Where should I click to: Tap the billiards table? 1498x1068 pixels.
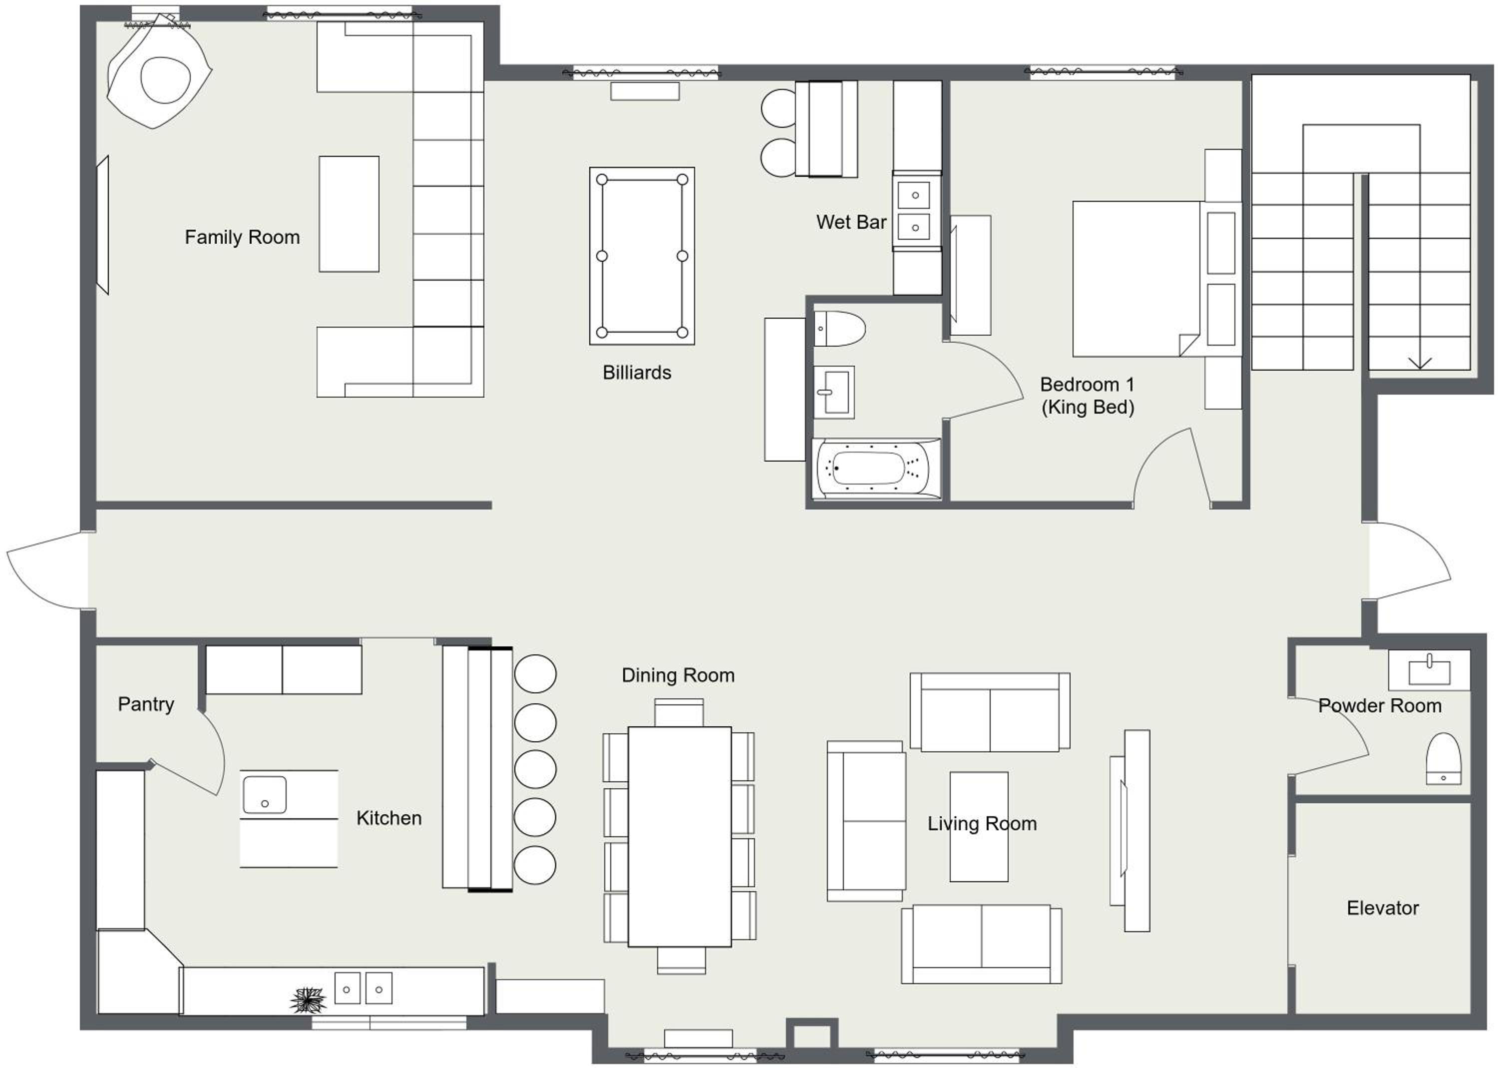[642, 256]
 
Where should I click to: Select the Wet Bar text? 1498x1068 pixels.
[851, 222]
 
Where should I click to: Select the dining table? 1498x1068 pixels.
[680, 837]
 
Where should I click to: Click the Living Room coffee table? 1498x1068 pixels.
[979, 827]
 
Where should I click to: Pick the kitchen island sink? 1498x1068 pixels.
[265, 795]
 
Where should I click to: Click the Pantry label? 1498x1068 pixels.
[146, 704]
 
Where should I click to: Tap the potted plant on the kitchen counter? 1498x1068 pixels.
[308, 1000]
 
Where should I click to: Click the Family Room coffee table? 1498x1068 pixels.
[349, 214]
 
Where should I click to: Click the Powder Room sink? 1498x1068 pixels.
[1430, 671]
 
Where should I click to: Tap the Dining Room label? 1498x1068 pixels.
[678, 675]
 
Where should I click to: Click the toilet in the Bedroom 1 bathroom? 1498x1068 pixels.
[839, 329]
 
